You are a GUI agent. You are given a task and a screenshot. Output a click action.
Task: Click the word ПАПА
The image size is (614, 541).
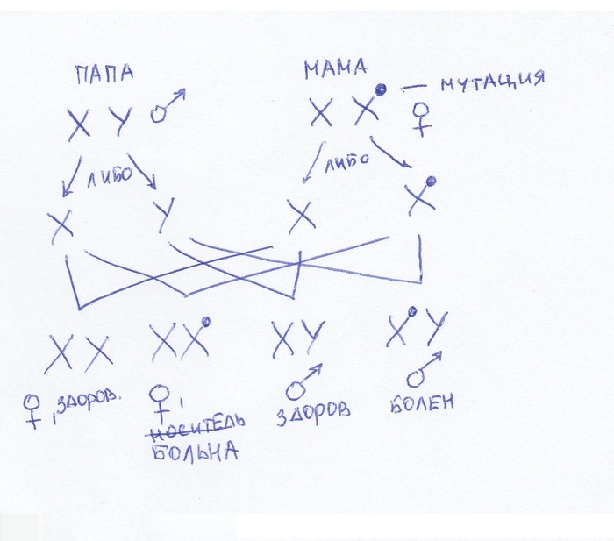coord(104,74)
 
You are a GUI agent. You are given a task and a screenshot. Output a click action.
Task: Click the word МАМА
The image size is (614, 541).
coord(336,68)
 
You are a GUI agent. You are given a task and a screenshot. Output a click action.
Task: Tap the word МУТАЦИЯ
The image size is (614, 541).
coord(493,82)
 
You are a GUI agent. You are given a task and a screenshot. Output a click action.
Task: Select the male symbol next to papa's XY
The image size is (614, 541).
coord(168,106)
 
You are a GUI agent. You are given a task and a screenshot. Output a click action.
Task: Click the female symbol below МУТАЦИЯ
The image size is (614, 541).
coord(422,119)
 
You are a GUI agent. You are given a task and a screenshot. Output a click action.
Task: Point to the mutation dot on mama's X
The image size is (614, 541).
coord(380,89)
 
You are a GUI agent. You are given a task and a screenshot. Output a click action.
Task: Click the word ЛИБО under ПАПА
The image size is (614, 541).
coord(110,177)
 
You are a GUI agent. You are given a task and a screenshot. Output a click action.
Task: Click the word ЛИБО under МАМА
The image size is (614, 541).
coord(347,161)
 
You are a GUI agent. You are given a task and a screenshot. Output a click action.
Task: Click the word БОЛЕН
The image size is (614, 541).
coord(422,402)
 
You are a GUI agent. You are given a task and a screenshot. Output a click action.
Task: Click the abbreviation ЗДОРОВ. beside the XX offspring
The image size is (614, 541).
coord(89,402)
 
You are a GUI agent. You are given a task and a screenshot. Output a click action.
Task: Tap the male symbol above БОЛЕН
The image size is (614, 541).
coord(424,369)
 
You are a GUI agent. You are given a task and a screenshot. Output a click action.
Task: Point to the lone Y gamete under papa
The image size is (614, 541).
coord(164,215)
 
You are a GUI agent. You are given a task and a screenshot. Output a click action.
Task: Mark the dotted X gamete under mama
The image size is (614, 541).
coord(421,196)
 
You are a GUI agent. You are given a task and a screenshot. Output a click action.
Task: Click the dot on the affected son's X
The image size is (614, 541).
coord(411,311)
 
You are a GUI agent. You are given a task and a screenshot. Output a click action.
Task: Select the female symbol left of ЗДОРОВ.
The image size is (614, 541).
coord(32,412)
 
